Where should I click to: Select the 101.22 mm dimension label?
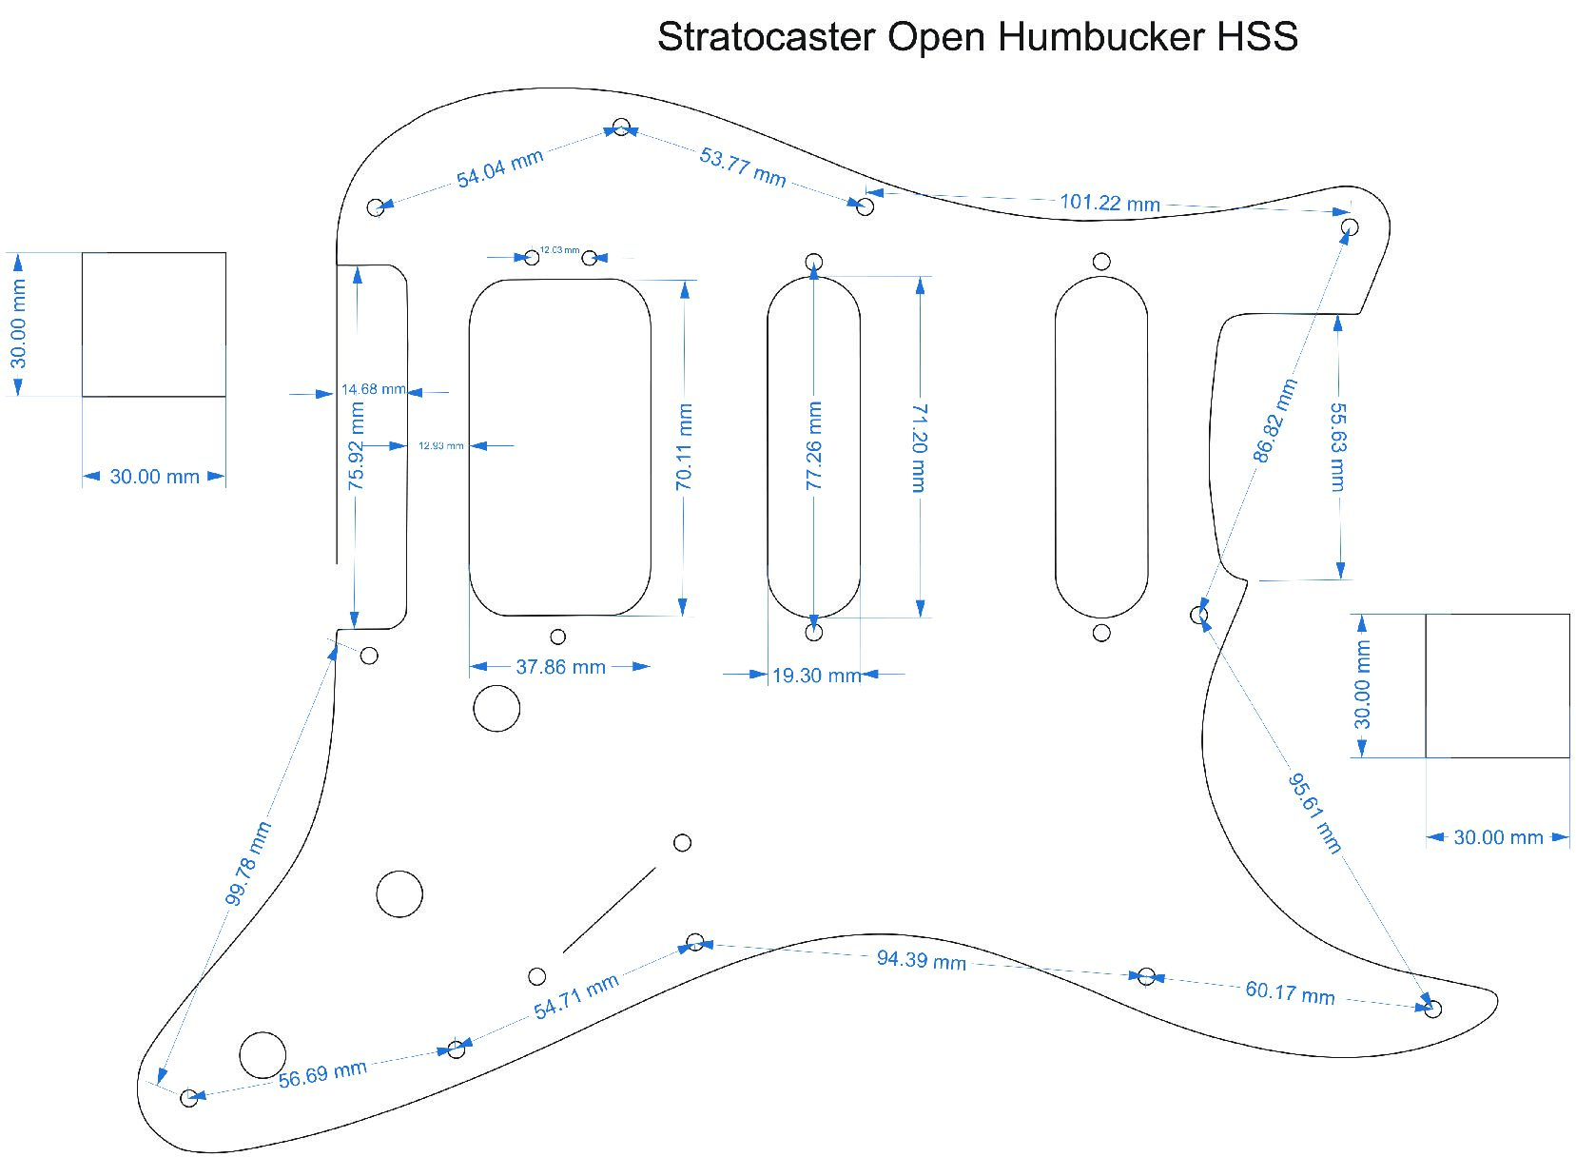click(x=1109, y=203)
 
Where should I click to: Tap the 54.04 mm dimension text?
click(x=499, y=168)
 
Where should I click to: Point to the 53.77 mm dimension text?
click(x=742, y=167)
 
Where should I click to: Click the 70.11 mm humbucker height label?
click(x=684, y=447)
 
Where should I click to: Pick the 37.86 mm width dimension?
click(x=560, y=667)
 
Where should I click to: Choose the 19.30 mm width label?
click(x=816, y=676)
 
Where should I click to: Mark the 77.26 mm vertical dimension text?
click(x=814, y=445)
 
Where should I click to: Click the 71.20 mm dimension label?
click(x=919, y=447)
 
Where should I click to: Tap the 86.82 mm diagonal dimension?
click(x=1274, y=421)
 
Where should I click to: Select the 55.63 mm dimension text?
click(x=1337, y=446)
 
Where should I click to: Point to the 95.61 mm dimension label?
click(x=1315, y=814)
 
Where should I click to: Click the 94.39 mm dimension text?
click(x=921, y=959)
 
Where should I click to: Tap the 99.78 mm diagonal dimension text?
click(x=248, y=863)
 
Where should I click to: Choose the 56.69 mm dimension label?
click(x=322, y=1074)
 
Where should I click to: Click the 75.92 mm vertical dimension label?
click(x=357, y=446)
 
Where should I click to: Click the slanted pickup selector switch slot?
click(x=609, y=910)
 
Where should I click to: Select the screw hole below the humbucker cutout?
click(x=558, y=637)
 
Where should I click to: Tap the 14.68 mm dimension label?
click(x=372, y=389)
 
